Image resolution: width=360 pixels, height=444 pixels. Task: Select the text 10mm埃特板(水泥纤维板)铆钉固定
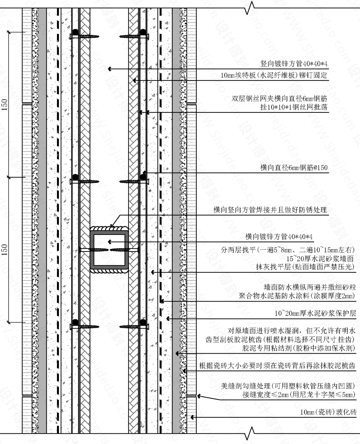[x=274, y=75]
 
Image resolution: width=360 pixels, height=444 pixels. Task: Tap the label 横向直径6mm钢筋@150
[x=294, y=168]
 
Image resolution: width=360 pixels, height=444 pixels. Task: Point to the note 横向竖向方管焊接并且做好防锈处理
[x=270, y=210]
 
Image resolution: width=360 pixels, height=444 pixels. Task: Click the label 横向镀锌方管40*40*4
[x=279, y=237]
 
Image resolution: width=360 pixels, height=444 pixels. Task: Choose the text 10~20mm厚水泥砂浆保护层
[x=315, y=314]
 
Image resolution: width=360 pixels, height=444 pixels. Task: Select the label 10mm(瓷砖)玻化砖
[x=328, y=412]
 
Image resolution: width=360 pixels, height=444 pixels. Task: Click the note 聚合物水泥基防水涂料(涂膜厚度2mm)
[x=297, y=296]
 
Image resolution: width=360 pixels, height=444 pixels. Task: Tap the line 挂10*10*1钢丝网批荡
[x=294, y=107]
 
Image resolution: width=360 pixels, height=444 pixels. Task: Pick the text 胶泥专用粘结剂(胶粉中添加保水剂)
[x=298, y=348]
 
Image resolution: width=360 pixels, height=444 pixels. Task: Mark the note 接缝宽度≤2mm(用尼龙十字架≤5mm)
[x=298, y=395]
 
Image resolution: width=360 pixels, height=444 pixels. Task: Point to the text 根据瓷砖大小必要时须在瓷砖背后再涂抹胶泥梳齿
[x=277, y=366]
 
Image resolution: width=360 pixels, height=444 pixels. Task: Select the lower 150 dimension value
[x=5, y=250]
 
